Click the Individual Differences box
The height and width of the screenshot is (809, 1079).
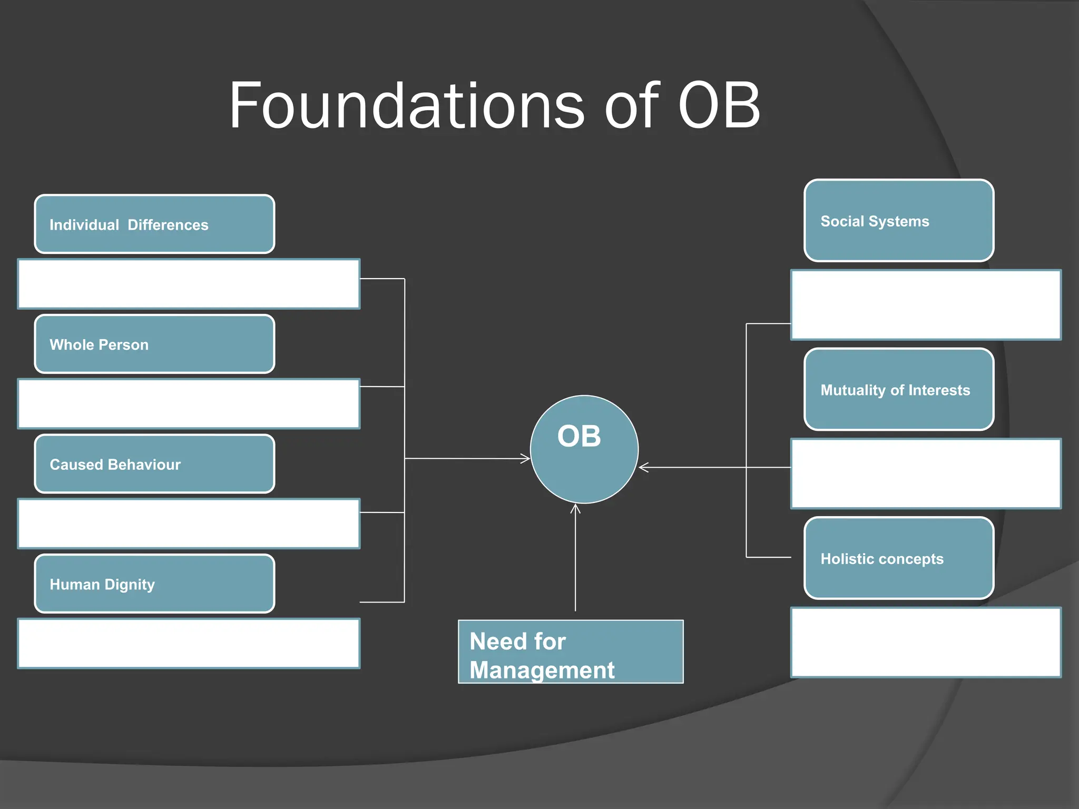(154, 224)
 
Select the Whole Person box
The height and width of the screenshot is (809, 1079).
(154, 344)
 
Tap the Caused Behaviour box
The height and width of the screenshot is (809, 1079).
(154, 464)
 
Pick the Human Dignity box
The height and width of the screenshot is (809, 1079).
(154, 584)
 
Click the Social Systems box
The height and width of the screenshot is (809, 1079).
(899, 221)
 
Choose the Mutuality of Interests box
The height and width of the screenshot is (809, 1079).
(899, 390)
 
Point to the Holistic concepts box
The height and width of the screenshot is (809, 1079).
(899, 558)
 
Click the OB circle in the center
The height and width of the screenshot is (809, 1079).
(584, 449)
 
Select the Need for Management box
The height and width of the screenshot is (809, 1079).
(571, 652)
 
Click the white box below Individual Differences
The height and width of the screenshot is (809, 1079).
(189, 284)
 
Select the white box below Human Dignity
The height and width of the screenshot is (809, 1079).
(189, 644)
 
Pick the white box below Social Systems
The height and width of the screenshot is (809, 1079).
(926, 305)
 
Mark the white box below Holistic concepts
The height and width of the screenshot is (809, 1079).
(926, 642)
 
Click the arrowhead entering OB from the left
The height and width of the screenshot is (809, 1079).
(526, 459)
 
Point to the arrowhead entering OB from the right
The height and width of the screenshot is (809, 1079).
(643, 467)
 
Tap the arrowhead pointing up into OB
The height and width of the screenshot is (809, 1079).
(575, 509)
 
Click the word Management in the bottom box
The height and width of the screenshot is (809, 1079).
(542, 670)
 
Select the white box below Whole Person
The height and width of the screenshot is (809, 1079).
(189, 404)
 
